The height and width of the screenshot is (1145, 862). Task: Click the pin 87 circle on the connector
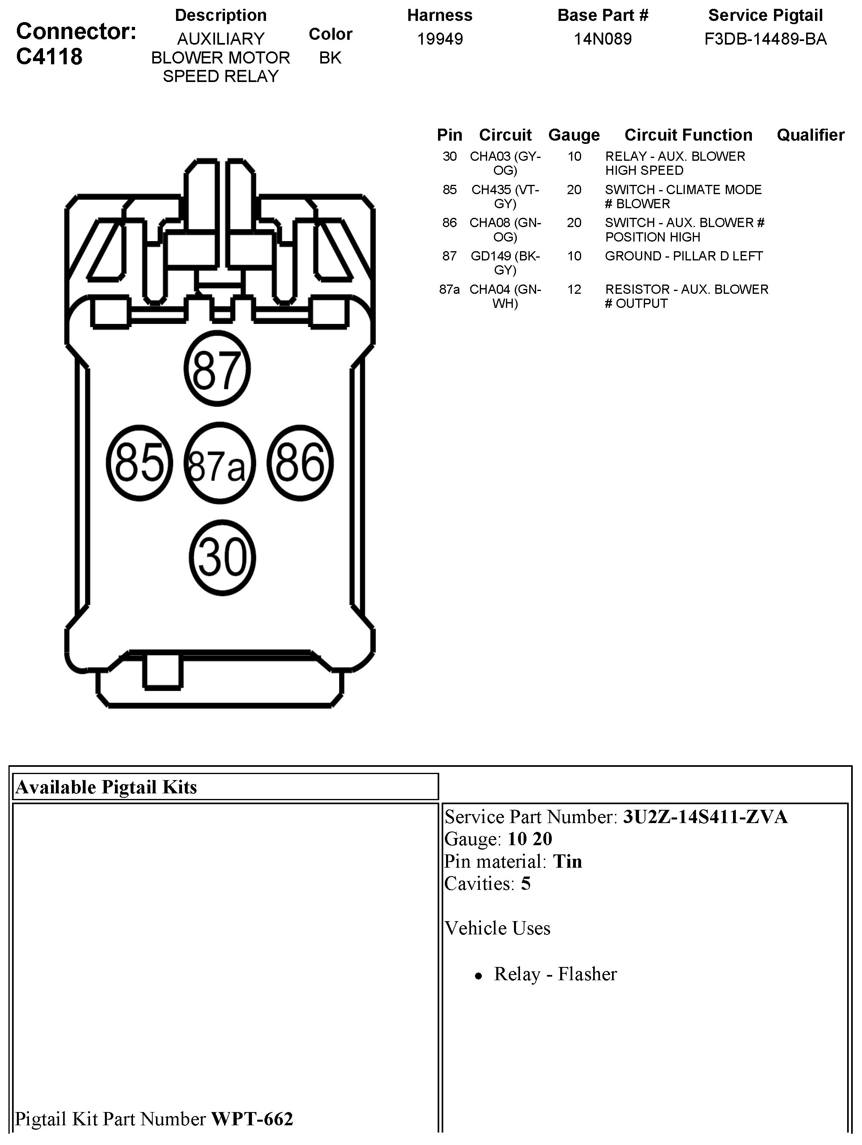pyautogui.click(x=217, y=369)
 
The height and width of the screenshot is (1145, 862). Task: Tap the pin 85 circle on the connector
pyautogui.click(x=139, y=462)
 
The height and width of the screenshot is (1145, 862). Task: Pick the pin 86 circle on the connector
pyautogui.click(x=300, y=462)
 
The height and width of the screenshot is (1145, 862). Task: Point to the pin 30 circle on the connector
pyautogui.click(x=223, y=557)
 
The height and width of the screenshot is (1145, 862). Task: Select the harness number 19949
pyautogui.click(x=440, y=39)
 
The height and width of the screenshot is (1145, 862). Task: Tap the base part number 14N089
pyautogui.click(x=603, y=39)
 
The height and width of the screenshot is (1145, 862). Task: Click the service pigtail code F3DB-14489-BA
pyautogui.click(x=765, y=39)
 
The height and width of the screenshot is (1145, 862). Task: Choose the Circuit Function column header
pyautogui.click(x=688, y=135)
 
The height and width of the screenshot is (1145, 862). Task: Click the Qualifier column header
pyautogui.click(x=810, y=135)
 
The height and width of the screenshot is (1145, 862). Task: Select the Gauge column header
pyautogui.click(x=573, y=135)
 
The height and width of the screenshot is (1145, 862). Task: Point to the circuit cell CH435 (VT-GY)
pyautogui.click(x=505, y=197)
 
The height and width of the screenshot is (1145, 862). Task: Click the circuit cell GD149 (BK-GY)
pyautogui.click(x=505, y=263)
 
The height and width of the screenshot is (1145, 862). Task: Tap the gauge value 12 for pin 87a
pyautogui.click(x=574, y=289)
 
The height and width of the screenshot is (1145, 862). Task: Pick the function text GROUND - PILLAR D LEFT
pyautogui.click(x=684, y=256)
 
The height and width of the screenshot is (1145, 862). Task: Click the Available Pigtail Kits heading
pyautogui.click(x=106, y=787)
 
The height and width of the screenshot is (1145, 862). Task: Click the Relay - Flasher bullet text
pyautogui.click(x=555, y=974)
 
